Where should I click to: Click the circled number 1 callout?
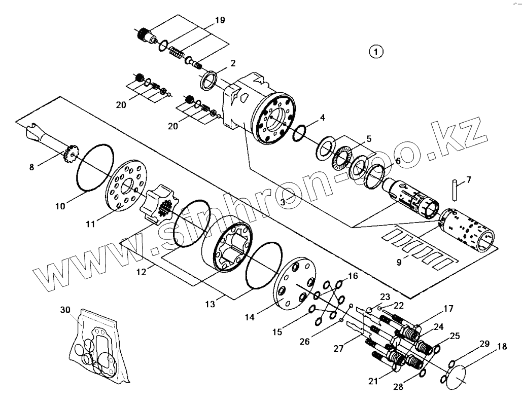376,51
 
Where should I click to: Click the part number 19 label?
219,21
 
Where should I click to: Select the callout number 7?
468,179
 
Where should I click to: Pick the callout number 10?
60,206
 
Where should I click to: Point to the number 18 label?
501,347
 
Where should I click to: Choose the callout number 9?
399,262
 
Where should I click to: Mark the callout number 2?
233,63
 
